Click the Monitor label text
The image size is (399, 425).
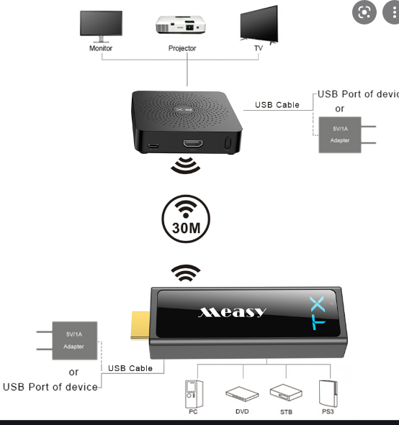point(101,48)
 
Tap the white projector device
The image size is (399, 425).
point(181,24)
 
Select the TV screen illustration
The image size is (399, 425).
point(259,24)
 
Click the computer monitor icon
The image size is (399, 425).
point(101,27)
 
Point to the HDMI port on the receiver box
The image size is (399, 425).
point(193,143)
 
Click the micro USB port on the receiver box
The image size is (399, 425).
point(153,145)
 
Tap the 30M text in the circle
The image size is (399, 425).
point(187,228)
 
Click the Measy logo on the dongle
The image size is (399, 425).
point(232,312)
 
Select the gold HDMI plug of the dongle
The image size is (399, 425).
point(140,326)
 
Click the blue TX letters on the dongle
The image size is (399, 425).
point(318,313)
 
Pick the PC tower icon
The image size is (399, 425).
point(194,394)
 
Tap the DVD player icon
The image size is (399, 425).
point(242,393)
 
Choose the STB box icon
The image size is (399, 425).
point(286,392)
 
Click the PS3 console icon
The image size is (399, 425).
point(328,393)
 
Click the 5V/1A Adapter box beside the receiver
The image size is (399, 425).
point(340,134)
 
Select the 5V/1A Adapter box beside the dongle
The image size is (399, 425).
point(75,340)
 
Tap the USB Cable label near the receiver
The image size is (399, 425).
point(277,105)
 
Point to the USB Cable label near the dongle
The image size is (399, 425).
point(130,368)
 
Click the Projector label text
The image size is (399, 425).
point(182,48)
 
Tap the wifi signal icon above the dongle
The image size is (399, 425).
point(186,273)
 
